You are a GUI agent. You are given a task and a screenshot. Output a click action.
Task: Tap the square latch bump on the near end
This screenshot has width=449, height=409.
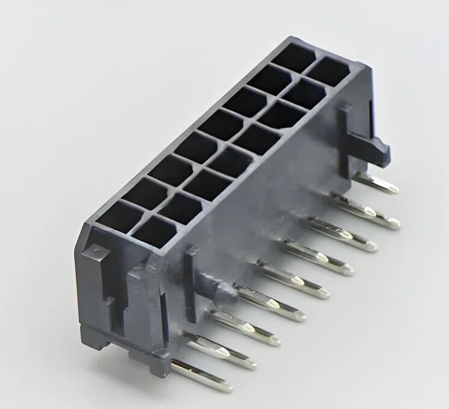click(x=96, y=254)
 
